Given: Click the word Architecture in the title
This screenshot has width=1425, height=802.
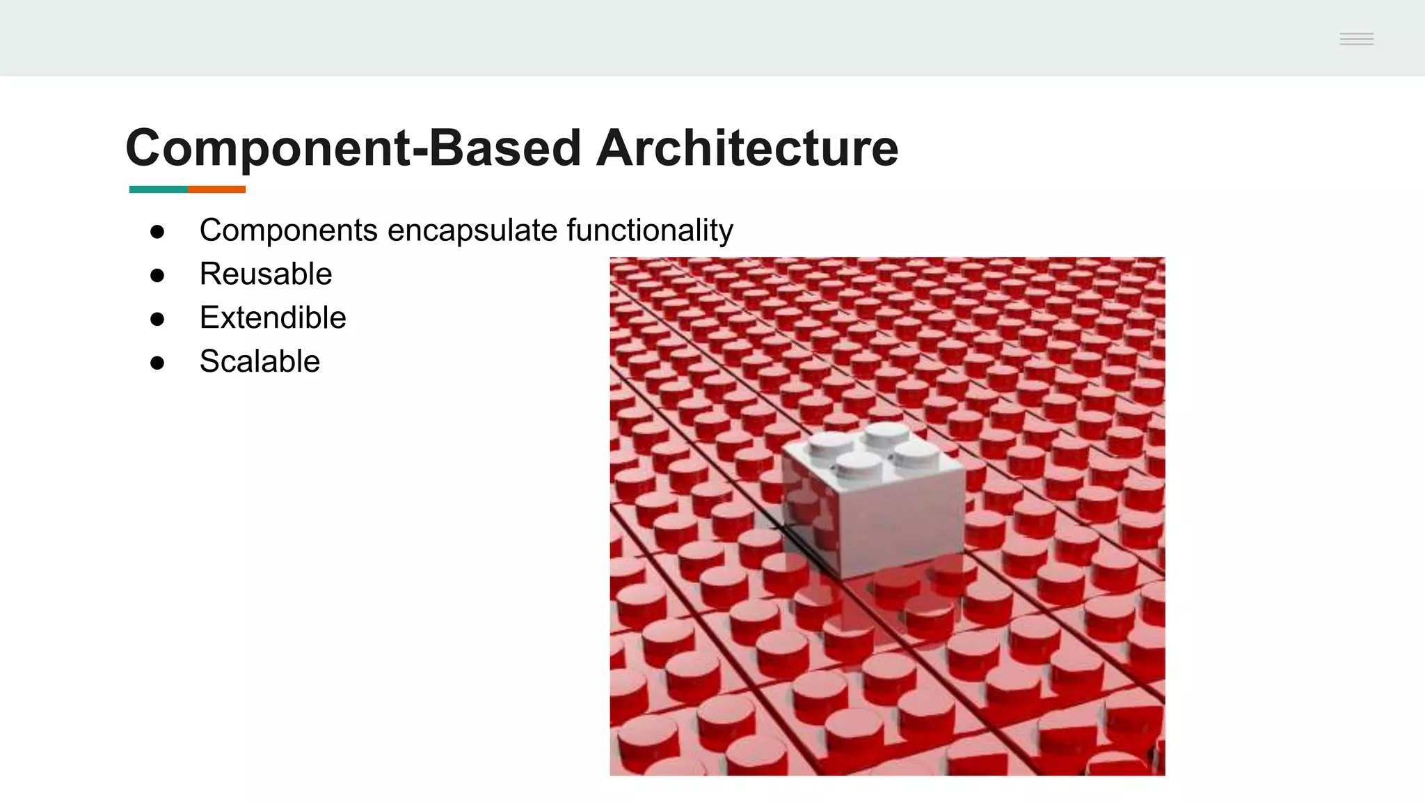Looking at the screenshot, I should point(747,148).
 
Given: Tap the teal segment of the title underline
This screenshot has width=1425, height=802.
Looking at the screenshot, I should point(158,189).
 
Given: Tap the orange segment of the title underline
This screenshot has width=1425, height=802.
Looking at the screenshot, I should point(216,189).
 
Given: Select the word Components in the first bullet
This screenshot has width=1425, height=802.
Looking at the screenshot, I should point(288,230).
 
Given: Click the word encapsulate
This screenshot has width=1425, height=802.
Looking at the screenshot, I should point(472,230).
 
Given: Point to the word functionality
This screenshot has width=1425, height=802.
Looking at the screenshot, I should point(650,230).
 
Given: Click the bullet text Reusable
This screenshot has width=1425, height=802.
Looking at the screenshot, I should point(266,274).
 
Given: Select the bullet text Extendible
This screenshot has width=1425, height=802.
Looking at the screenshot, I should point(273,317).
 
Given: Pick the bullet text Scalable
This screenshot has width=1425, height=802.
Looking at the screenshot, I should point(260,361).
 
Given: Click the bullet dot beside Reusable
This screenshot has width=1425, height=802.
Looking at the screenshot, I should point(157,276).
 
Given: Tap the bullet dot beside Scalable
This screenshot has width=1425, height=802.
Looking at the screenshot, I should point(157,363).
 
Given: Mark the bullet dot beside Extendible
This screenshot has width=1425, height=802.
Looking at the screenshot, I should point(157,320).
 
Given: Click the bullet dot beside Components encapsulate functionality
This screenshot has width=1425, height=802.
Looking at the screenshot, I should point(157,232).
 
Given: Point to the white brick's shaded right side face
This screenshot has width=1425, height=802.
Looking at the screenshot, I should point(905,522).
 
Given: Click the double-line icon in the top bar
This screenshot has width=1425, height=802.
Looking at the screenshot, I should point(1356,39).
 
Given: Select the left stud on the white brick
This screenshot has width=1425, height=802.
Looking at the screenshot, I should point(829,443).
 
